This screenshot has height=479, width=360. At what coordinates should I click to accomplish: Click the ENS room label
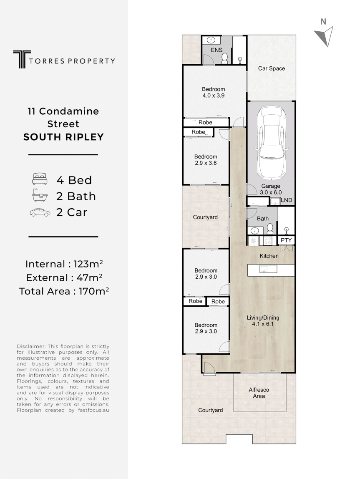point(217,50)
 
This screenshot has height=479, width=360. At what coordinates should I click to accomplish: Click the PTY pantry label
point(286,240)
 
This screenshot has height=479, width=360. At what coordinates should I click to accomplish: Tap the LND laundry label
point(287,200)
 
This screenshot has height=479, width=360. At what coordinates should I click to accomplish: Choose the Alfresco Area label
point(259,393)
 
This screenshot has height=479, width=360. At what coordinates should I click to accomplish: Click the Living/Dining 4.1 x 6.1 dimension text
point(262,324)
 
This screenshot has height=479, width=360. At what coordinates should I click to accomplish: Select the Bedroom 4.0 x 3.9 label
point(214,92)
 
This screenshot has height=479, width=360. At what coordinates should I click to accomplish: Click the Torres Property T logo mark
point(22,59)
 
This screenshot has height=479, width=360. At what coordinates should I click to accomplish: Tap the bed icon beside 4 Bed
point(40,179)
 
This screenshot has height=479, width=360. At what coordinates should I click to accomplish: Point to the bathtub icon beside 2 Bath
point(40,195)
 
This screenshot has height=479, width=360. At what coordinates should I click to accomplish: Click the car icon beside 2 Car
point(40,212)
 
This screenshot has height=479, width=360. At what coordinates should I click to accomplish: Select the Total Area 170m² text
point(64,291)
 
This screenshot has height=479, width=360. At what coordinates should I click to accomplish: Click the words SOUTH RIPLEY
point(63,137)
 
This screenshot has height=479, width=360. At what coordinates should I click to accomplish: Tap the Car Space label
point(272,68)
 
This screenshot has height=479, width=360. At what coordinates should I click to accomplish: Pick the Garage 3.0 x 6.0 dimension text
point(271,192)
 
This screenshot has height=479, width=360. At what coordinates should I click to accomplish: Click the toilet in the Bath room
point(270,229)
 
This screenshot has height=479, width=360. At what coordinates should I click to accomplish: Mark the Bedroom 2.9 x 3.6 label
point(206,160)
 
